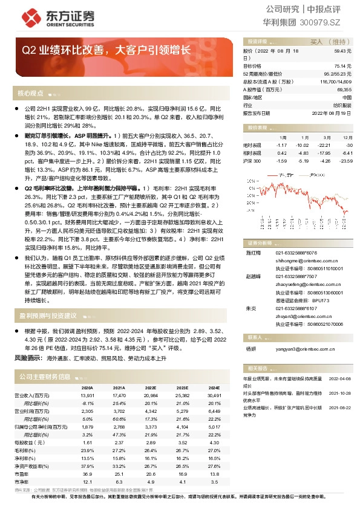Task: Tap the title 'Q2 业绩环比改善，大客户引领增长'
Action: pyautogui.click(x=106, y=52)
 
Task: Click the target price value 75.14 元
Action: pyautogui.click(x=343, y=65)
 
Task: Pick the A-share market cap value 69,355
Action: pyautogui.click(x=342, y=88)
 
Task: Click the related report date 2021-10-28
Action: pyautogui.click(x=340, y=392)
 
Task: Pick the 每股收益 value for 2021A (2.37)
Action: pyautogui.click(x=119, y=443)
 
